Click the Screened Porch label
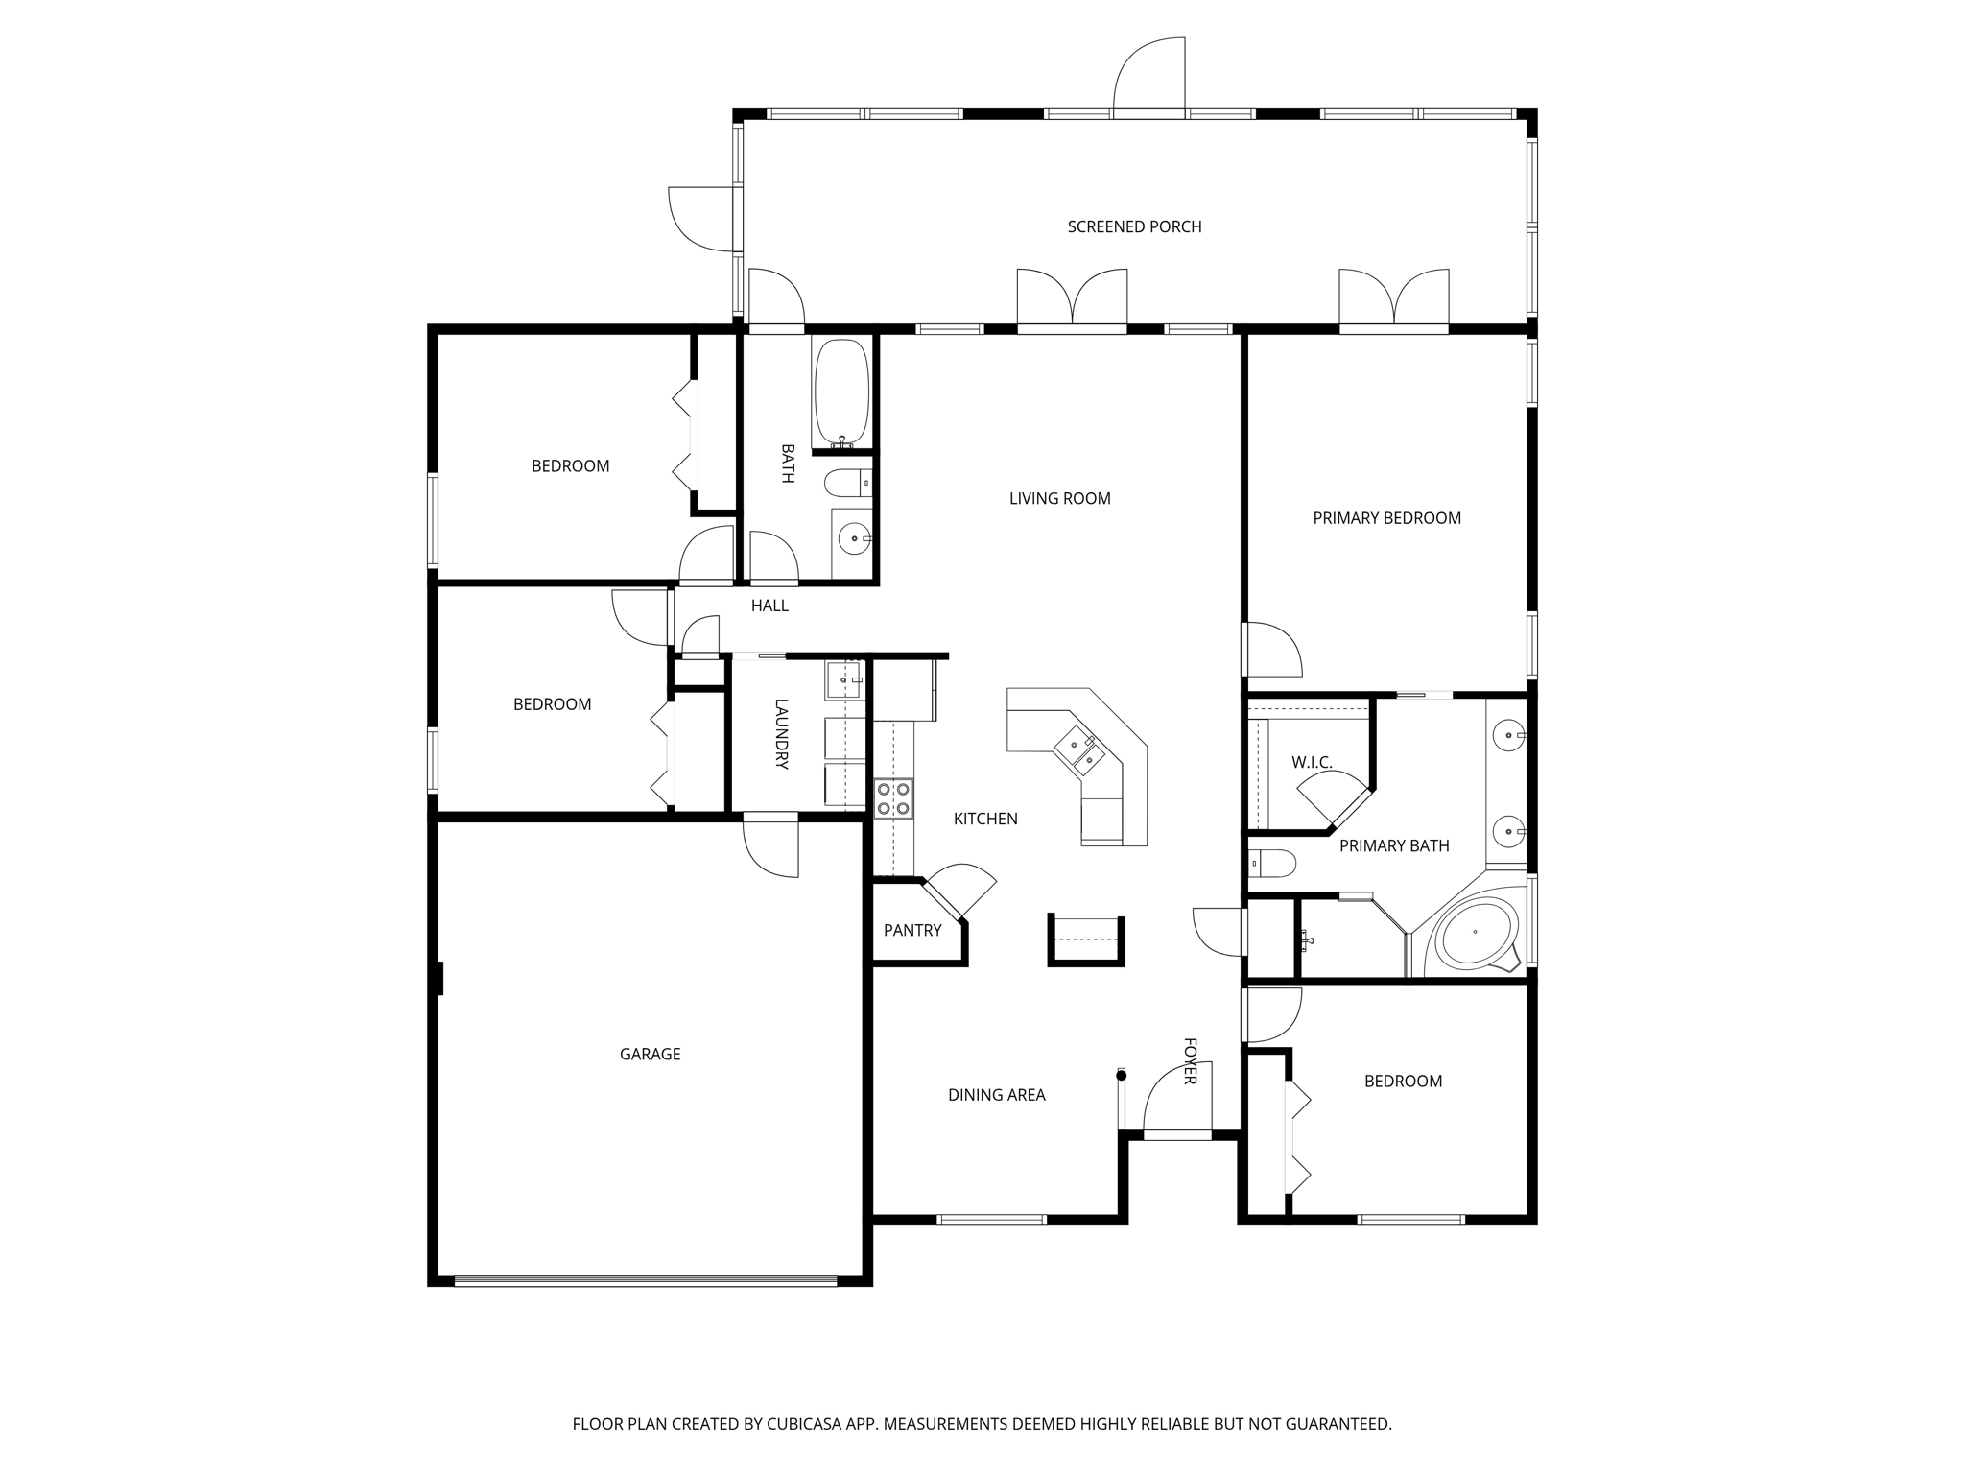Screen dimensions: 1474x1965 click(x=1134, y=226)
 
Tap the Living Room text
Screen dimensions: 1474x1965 click(x=1059, y=498)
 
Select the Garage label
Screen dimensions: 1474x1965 click(x=650, y=1054)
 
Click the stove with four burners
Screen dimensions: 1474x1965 click(x=892, y=798)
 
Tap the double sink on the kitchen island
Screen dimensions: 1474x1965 click(x=1079, y=751)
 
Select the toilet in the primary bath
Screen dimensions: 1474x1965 click(x=1272, y=864)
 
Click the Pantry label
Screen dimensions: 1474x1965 click(x=911, y=930)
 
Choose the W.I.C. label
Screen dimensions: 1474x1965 click(x=1311, y=762)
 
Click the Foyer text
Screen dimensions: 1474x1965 click(x=1190, y=1061)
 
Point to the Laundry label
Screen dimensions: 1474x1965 click(x=781, y=734)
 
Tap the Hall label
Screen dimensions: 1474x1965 click(x=769, y=606)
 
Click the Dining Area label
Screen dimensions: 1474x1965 click(x=996, y=1095)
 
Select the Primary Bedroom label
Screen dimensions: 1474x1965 click(x=1386, y=518)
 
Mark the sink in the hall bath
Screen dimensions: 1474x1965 click(x=852, y=540)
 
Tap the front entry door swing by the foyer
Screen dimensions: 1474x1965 click(x=1175, y=1099)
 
